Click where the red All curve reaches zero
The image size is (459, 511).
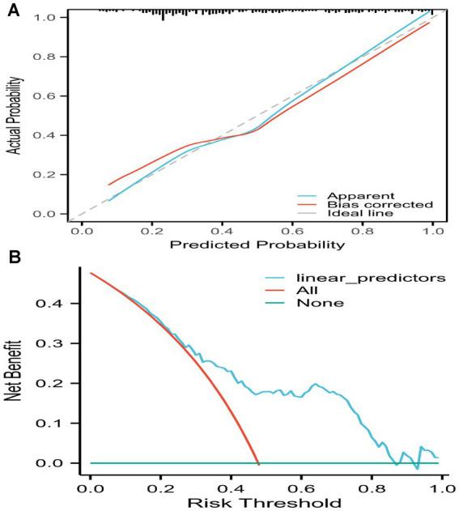pyautogui.click(x=258, y=463)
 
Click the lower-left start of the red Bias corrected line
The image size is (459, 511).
pyautogui.click(x=108, y=185)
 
